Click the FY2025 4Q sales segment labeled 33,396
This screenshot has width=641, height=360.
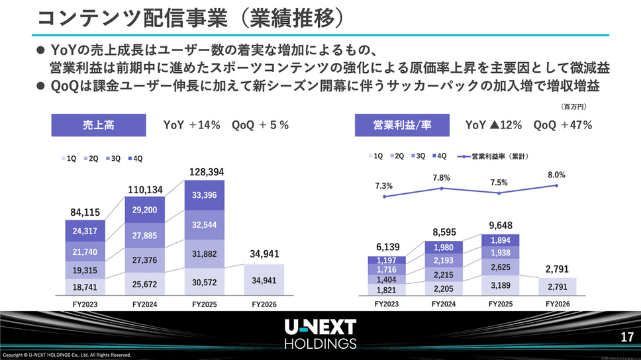pos(204,195)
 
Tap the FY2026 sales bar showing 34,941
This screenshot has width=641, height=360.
pos(264,280)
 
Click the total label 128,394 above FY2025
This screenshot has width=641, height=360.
pos(204,172)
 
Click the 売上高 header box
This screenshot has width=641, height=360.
pos(97,124)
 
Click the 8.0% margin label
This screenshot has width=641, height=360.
pos(556,175)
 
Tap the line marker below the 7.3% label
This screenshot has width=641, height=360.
pos(384,197)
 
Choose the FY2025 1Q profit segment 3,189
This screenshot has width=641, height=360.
pos(500,285)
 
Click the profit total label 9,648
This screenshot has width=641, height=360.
pos(500,226)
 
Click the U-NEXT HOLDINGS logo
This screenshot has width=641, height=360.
pos(320,334)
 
